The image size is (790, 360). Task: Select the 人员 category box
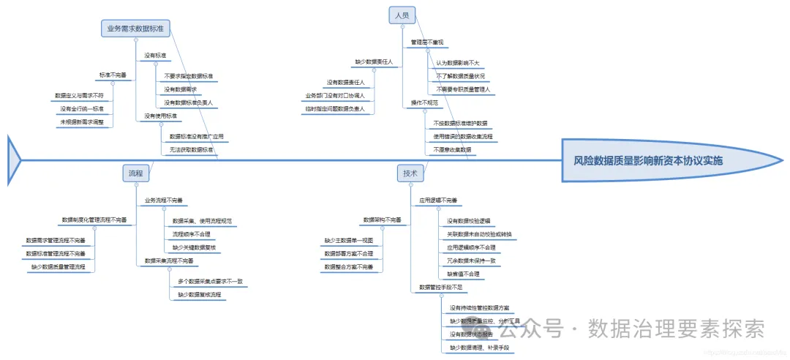402,15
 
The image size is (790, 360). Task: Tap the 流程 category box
135,173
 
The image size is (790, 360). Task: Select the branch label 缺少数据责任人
375,63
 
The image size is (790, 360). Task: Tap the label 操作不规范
424,103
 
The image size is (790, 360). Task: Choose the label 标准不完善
113,75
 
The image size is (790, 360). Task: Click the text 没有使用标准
160,116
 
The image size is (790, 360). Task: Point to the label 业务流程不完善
163,200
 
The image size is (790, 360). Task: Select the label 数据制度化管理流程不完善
94,220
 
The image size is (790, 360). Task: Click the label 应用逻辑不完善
438,200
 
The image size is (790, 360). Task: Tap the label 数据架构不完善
382,220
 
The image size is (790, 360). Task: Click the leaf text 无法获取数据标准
191,149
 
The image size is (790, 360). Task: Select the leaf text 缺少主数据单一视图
349,240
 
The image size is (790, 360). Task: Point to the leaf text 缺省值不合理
464,274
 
